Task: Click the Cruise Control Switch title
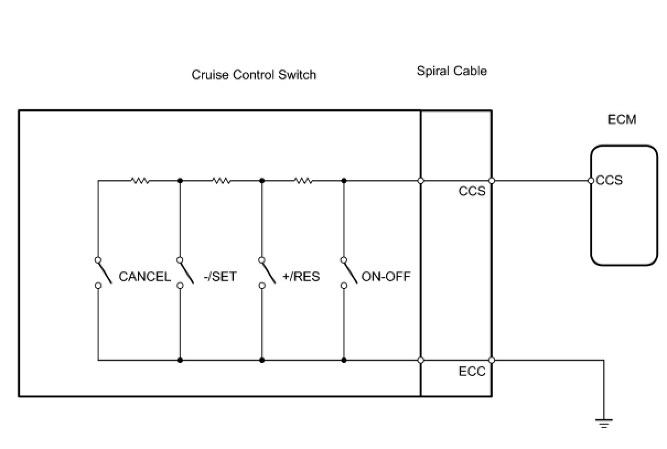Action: tap(254, 74)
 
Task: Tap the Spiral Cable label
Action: tap(451, 71)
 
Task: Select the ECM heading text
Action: tap(622, 119)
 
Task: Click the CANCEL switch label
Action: tap(145, 276)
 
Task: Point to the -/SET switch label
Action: tap(220, 276)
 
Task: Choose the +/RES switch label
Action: tap(301, 276)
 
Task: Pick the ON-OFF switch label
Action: tap(386, 276)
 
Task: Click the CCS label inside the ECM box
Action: tap(610, 180)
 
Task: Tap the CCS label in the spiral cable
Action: tap(472, 191)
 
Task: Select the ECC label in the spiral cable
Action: tap(472, 371)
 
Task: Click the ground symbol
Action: tap(604, 424)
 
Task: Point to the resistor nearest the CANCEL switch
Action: tap(140, 180)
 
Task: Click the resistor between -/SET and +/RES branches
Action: tap(222, 180)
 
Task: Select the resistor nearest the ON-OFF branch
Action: tap(303, 180)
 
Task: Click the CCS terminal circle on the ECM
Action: tap(591, 180)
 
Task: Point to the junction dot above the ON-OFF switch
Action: tap(344, 180)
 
